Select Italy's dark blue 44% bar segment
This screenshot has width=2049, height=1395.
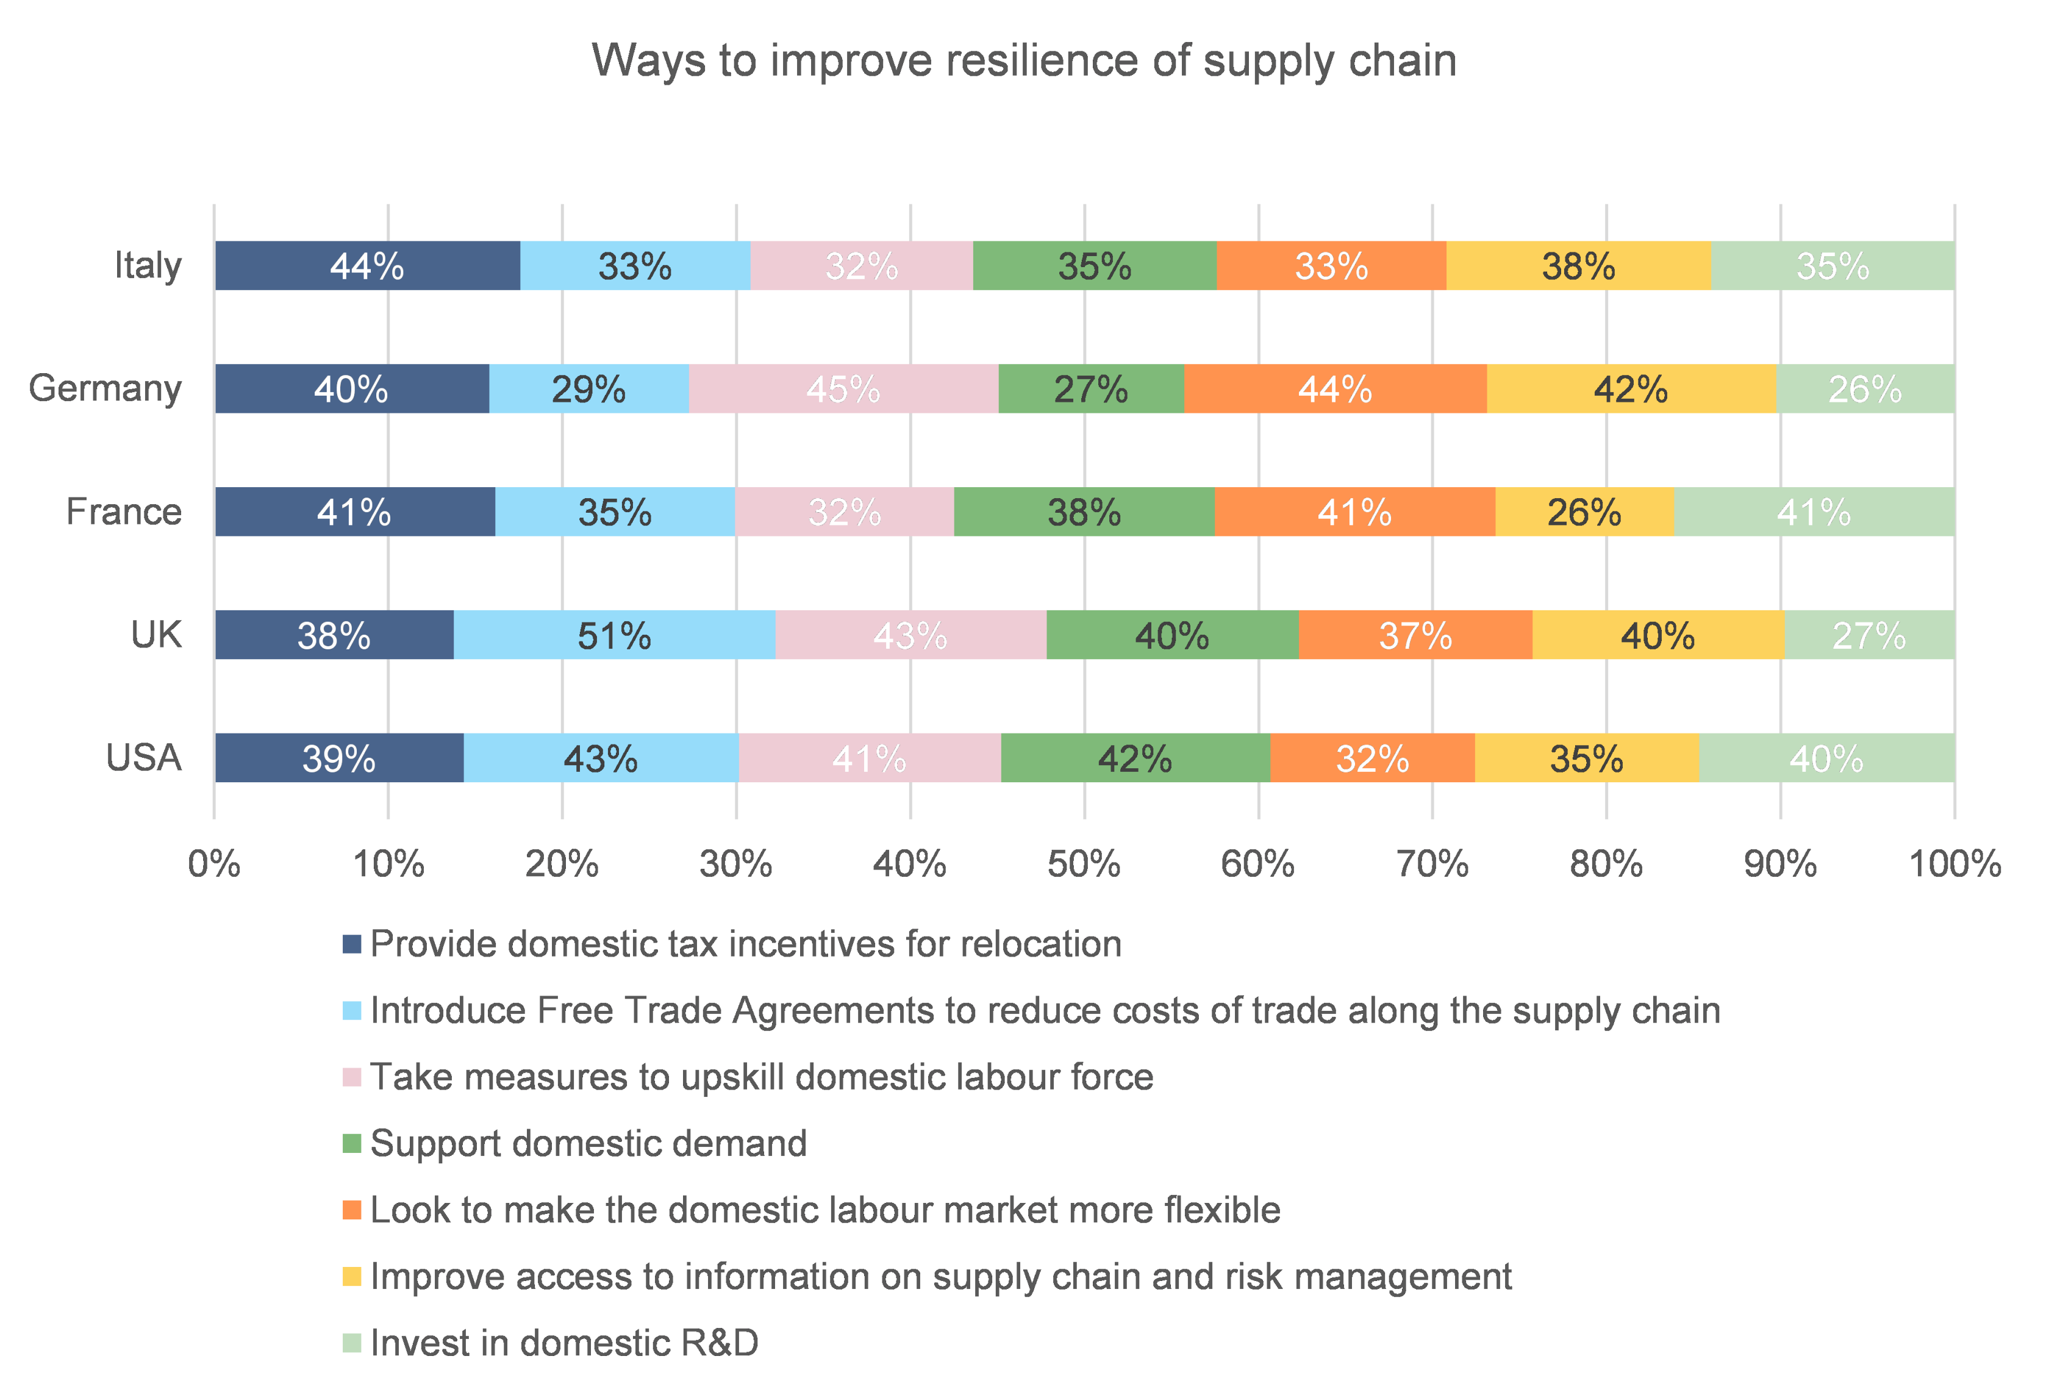(367, 265)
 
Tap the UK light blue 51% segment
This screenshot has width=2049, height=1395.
(615, 635)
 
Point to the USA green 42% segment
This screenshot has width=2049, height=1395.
(1135, 758)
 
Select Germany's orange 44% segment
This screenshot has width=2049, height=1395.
(1335, 388)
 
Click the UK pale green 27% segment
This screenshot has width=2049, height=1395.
(1869, 635)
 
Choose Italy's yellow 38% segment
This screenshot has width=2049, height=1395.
(1578, 265)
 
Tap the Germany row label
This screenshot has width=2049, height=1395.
(105, 388)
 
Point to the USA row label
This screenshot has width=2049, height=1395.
(144, 758)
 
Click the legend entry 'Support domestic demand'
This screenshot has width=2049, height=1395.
(588, 1144)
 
